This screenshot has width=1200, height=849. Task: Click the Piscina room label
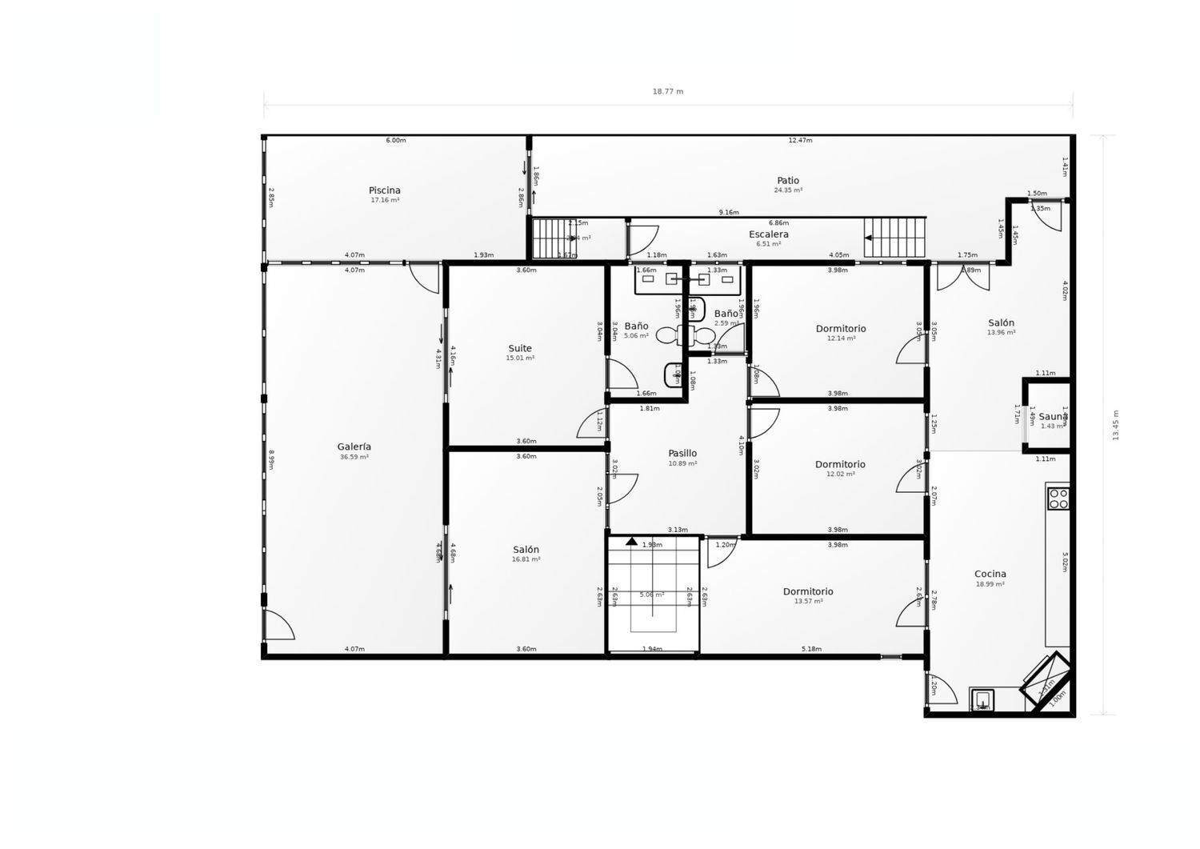click(385, 190)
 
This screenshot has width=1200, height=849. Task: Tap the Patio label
click(788, 181)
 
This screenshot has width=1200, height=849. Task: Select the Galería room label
click(354, 447)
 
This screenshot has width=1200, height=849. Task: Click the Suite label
click(520, 349)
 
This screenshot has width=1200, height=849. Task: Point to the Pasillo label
click(682, 454)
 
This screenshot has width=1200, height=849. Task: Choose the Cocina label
click(990, 574)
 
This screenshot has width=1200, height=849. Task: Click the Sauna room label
click(1053, 417)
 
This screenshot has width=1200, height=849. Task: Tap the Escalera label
click(769, 234)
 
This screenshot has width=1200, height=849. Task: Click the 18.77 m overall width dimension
click(668, 91)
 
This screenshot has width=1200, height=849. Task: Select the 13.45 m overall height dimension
click(1116, 425)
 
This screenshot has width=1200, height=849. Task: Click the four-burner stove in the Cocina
click(1058, 499)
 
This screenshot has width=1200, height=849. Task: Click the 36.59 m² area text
click(354, 457)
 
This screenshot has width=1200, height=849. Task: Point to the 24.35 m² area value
click(788, 190)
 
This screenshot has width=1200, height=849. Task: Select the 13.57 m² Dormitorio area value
click(808, 601)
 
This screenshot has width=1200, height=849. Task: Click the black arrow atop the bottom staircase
click(631, 542)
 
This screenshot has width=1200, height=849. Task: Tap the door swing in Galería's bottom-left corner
click(278, 625)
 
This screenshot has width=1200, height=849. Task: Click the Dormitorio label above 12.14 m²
click(841, 329)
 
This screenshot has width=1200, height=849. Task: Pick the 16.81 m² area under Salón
click(526, 559)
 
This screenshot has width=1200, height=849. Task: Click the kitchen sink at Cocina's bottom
click(982, 699)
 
